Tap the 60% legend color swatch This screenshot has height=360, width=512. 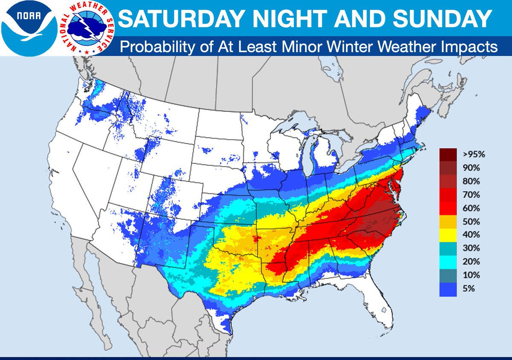pyautogui.click(x=448, y=208)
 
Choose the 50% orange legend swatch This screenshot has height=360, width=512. pyautogui.click(x=448, y=222)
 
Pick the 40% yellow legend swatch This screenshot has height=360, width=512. pyautogui.click(x=448, y=235)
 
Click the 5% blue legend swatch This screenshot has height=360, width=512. pyautogui.click(x=448, y=289)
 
